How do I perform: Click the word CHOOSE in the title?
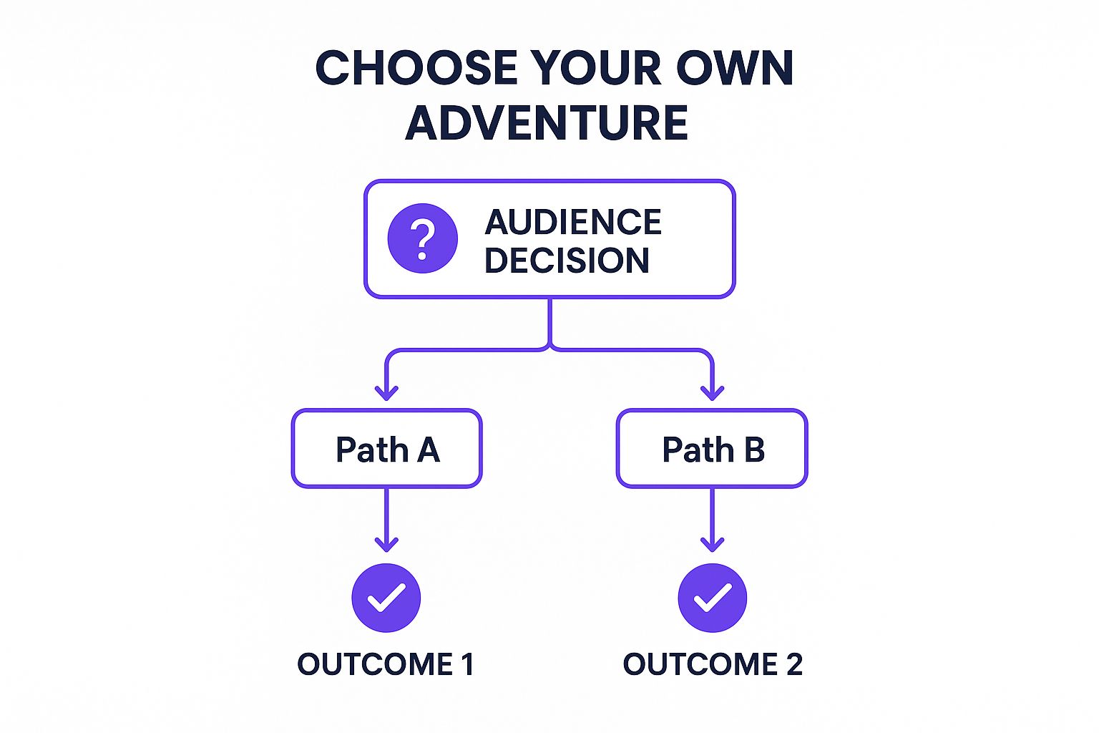[x=416, y=69]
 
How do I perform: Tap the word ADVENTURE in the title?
[x=547, y=122]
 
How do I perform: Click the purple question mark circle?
[x=422, y=238]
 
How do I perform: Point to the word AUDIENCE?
[x=573, y=222]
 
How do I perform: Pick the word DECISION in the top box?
[x=567, y=260]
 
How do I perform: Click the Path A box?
[x=386, y=449]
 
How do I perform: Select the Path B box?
[x=712, y=449]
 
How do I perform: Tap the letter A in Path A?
[x=428, y=450]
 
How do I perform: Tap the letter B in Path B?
[x=754, y=450]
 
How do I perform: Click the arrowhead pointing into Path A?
[x=386, y=392]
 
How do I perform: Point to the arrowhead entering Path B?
[x=712, y=392]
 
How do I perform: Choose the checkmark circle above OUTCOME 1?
[x=386, y=598]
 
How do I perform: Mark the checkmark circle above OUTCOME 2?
[x=712, y=598]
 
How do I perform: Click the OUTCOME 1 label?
[x=386, y=664]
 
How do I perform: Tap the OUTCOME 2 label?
[x=713, y=664]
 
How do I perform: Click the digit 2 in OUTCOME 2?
[x=794, y=664]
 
